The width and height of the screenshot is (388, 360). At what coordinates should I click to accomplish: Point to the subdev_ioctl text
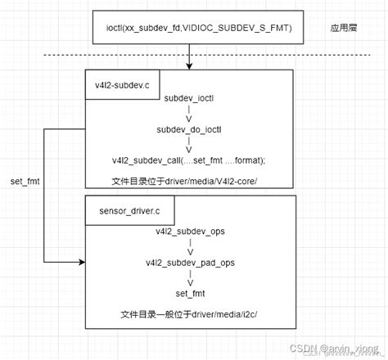(190, 98)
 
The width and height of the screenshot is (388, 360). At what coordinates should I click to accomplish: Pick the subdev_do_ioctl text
(190, 129)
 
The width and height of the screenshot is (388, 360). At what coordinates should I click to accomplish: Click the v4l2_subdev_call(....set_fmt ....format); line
(190, 160)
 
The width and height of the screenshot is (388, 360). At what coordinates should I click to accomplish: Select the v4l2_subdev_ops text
(190, 232)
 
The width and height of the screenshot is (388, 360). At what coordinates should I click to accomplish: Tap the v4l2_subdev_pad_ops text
(190, 263)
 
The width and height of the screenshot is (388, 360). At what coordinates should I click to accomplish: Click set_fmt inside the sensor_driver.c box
(190, 293)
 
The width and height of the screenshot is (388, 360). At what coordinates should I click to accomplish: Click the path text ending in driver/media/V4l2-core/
(190, 180)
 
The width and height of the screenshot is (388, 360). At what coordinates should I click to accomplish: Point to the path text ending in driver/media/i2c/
(190, 315)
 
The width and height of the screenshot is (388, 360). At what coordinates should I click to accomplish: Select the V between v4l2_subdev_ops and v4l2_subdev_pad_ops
(190, 252)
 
